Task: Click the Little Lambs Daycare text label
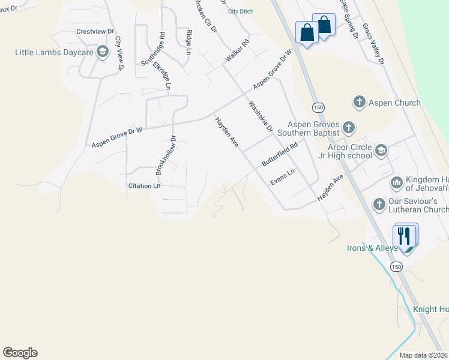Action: click(54, 52)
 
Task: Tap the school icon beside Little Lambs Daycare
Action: click(102, 52)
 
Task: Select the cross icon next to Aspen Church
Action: click(360, 102)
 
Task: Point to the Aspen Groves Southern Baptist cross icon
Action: click(349, 128)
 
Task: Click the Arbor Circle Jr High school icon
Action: click(381, 151)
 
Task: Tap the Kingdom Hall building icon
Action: click(396, 182)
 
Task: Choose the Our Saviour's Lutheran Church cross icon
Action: click(379, 205)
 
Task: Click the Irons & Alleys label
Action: click(372, 248)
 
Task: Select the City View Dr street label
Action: click(119, 53)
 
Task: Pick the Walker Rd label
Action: click(237, 51)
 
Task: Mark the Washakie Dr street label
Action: click(261, 116)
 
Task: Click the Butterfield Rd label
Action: click(280, 154)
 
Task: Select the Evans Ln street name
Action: click(282, 177)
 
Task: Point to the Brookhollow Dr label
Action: click(166, 155)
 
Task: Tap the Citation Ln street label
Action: click(144, 186)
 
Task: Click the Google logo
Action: click(20, 353)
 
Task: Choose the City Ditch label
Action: click(241, 11)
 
